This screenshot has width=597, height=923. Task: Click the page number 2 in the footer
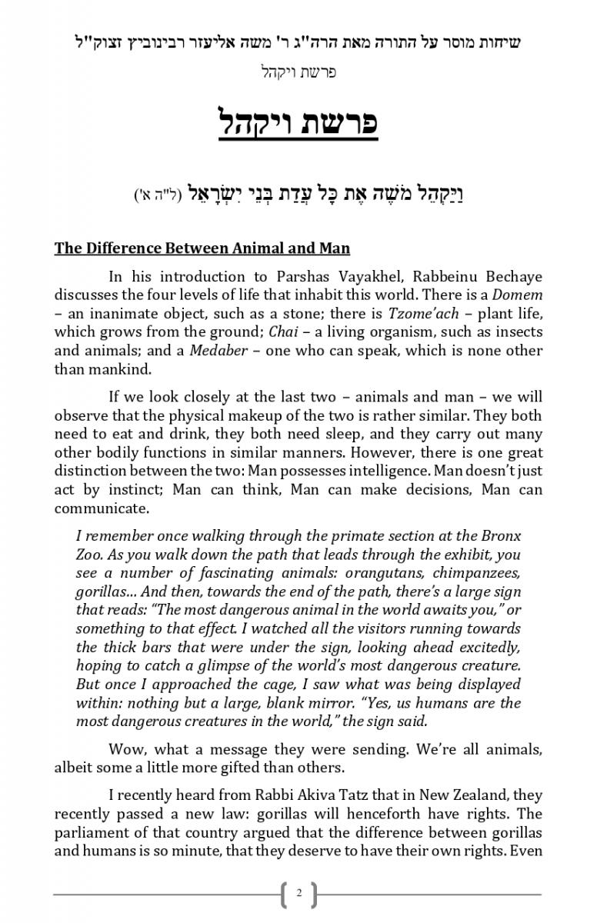pos(298,894)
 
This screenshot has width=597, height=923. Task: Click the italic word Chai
pos(278,332)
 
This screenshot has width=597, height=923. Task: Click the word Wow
pos(125,749)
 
